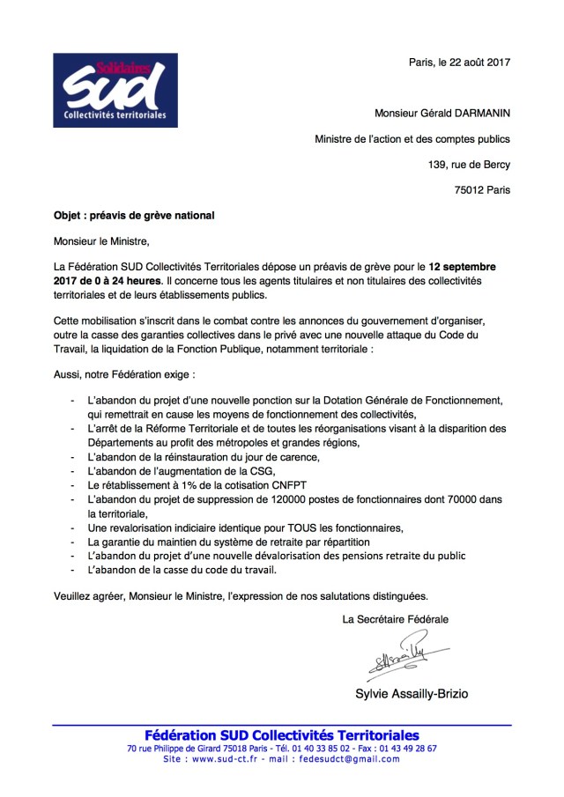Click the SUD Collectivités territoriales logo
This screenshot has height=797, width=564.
[x=115, y=90]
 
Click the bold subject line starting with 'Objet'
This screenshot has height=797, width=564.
[x=134, y=215]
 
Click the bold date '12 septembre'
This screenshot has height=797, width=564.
[x=463, y=266]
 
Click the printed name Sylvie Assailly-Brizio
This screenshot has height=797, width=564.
[x=411, y=694]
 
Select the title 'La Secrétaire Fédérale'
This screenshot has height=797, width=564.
[x=396, y=619]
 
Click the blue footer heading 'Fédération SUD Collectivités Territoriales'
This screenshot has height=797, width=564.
[x=282, y=735]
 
